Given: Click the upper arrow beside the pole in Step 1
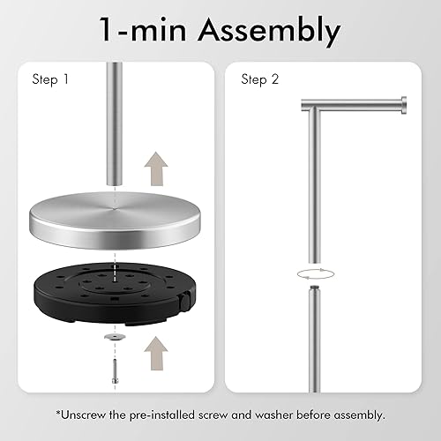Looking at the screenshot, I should (157, 164).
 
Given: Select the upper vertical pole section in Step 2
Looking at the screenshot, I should (314, 185).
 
